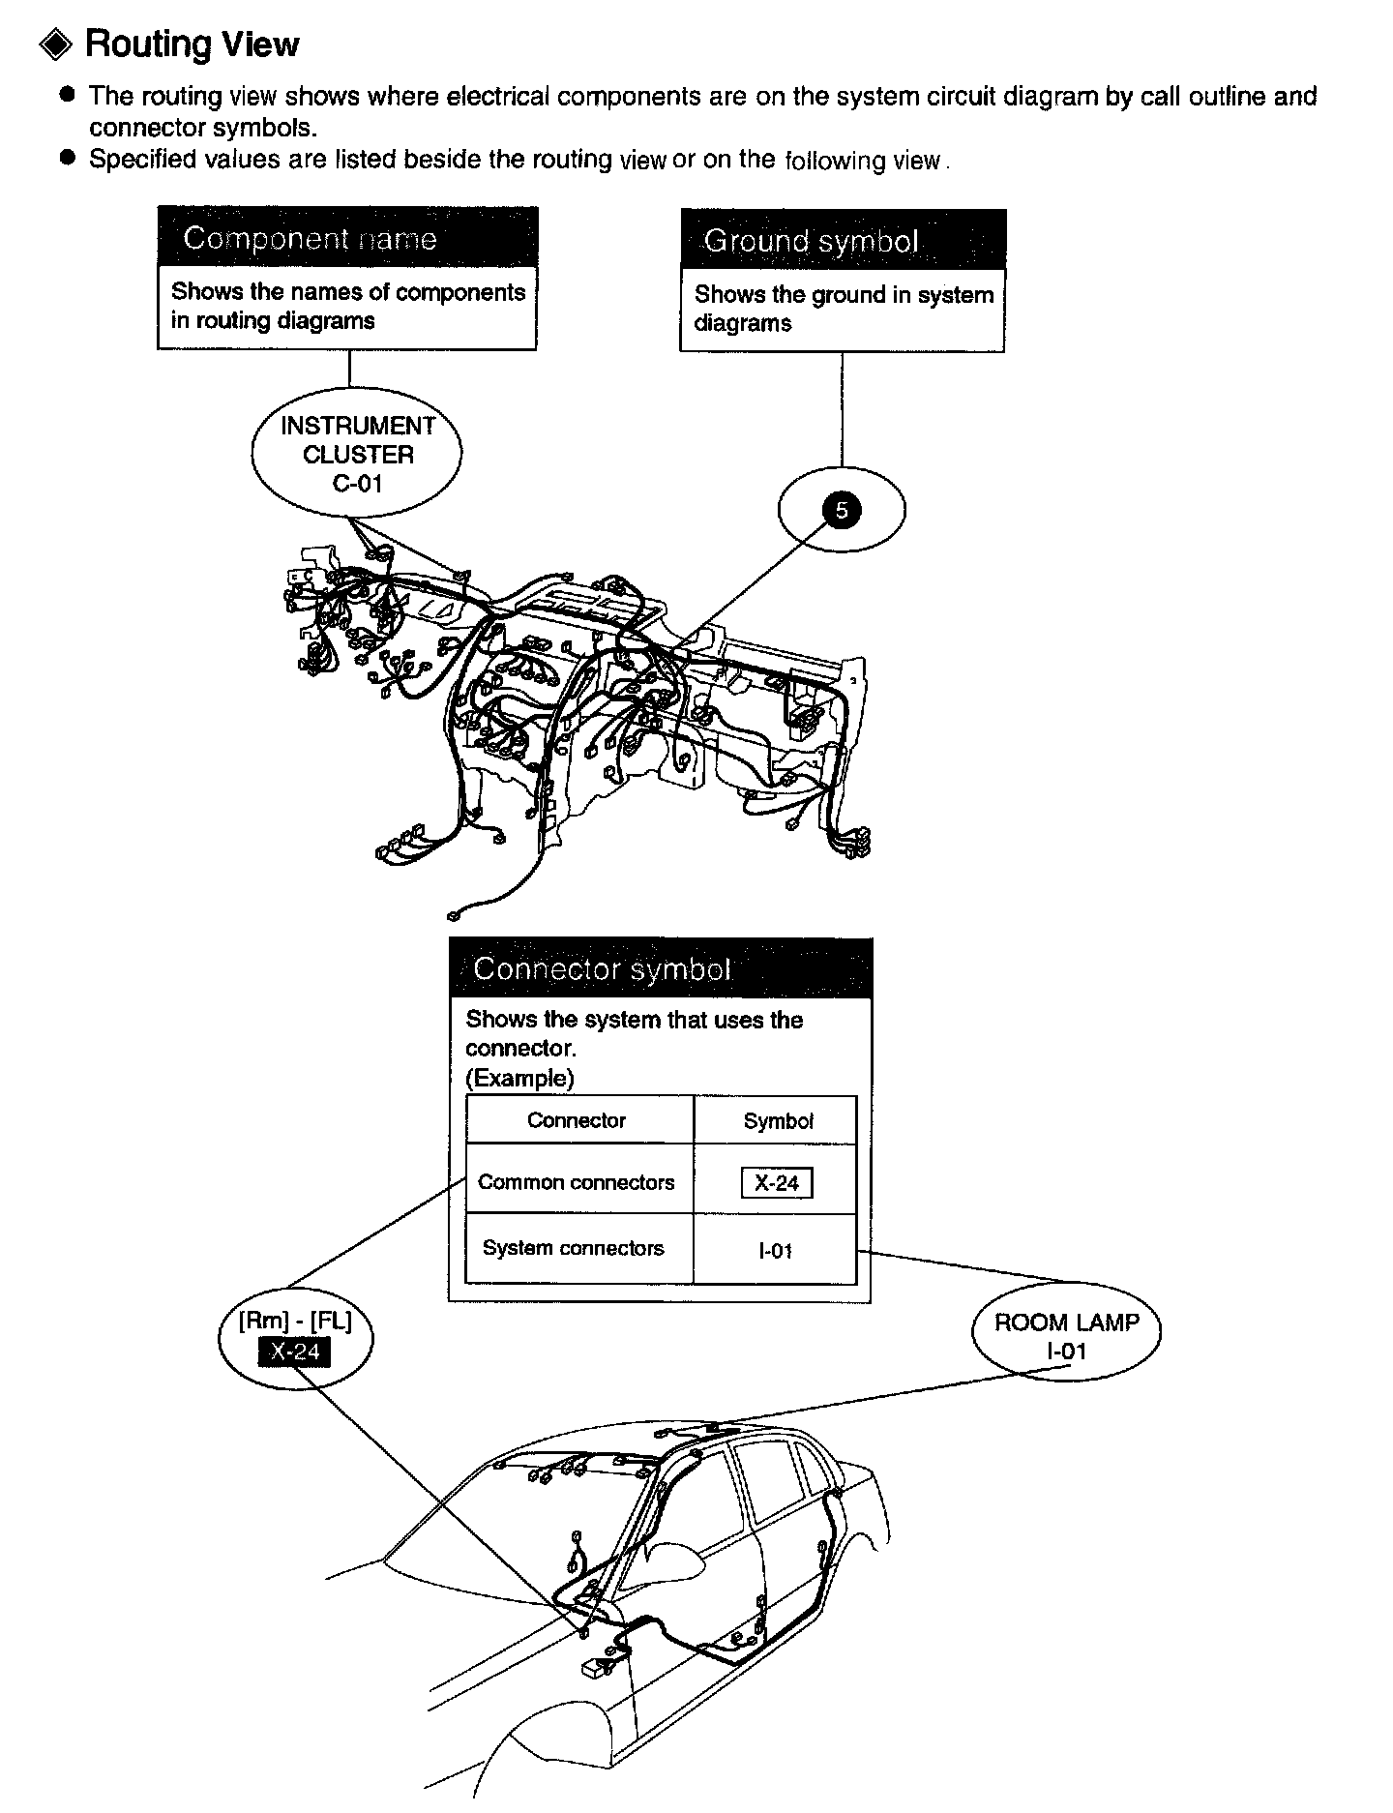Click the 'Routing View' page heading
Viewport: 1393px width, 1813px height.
(192, 45)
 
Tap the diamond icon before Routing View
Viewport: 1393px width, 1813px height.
(56, 45)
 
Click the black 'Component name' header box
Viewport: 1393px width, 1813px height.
(347, 238)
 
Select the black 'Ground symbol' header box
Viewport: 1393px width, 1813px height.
(843, 240)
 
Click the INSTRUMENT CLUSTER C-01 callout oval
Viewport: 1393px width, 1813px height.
(357, 454)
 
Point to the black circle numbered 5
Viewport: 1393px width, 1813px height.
(841, 510)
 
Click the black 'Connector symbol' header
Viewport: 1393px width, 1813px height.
(661, 968)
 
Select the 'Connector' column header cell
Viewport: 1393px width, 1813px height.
(577, 1120)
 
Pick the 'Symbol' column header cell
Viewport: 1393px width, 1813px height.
(778, 1121)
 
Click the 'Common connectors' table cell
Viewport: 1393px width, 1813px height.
(577, 1182)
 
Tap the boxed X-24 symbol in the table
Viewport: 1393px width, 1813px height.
(777, 1183)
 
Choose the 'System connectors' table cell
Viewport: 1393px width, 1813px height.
(574, 1248)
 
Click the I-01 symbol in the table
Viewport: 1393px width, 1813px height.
(776, 1251)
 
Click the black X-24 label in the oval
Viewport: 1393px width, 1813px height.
(294, 1352)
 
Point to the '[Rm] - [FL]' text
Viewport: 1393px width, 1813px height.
(295, 1322)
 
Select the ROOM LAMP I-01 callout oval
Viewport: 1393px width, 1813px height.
(1066, 1336)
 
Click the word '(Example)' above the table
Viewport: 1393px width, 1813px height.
(519, 1078)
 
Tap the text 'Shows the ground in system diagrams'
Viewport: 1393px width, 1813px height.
(844, 309)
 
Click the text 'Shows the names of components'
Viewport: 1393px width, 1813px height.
(348, 292)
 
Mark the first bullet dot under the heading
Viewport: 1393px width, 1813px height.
(67, 95)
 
